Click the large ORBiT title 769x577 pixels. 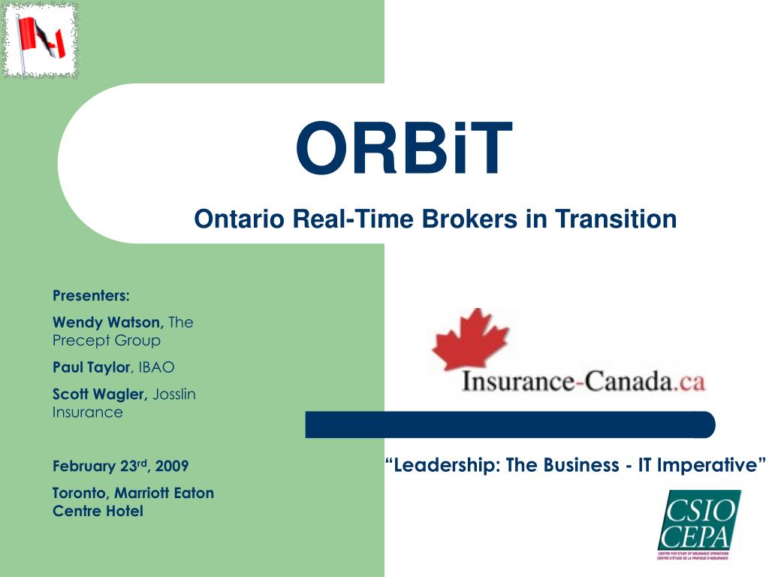tap(404, 150)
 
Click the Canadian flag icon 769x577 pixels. tap(41, 41)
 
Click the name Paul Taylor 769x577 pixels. tap(91, 367)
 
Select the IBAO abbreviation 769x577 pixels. tap(156, 367)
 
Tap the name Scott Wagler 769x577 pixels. tap(100, 394)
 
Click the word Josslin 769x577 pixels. tap(174, 394)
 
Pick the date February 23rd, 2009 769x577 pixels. tap(120, 467)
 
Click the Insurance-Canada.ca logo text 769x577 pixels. tap(584, 382)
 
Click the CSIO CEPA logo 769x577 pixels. tap(698, 524)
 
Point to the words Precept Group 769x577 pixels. tap(106, 340)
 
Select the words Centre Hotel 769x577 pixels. tap(98, 512)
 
